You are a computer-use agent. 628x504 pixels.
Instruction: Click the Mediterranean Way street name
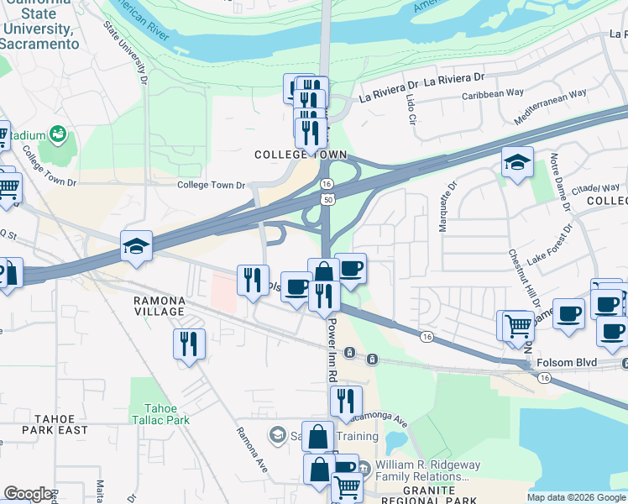(x=550, y=107)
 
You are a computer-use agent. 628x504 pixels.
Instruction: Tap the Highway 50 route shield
(x=327, y=197)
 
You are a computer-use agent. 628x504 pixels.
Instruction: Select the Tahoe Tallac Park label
(x=160, y=414)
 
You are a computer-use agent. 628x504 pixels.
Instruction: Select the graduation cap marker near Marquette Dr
(x=517, y=161)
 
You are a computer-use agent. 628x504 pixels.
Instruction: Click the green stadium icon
(x=57, y=134)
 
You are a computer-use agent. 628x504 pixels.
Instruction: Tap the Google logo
(x=28, y=494)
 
